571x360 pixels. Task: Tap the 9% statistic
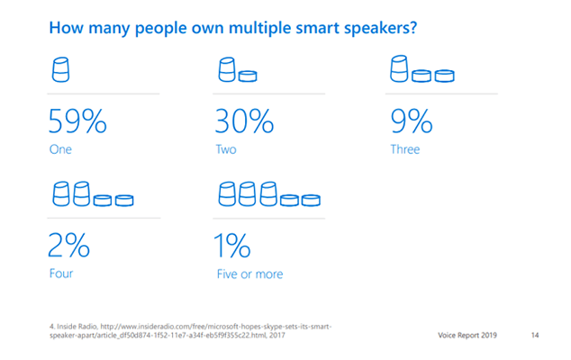410,120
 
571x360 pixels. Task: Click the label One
60,149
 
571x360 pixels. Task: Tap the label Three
405,149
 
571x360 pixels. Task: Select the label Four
61,273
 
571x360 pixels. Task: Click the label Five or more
249,273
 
